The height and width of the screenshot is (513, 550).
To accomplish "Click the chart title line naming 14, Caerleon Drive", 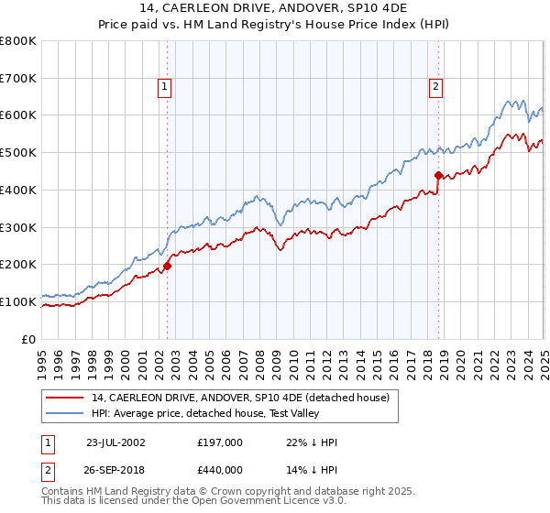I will (x=274, y=8).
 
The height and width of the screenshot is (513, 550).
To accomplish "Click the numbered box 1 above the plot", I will (x=164, y=87).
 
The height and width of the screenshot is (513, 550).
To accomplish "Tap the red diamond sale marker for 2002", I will (x=168, y=266).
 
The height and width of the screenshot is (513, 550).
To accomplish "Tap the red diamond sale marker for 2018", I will (x=439, y=175).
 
